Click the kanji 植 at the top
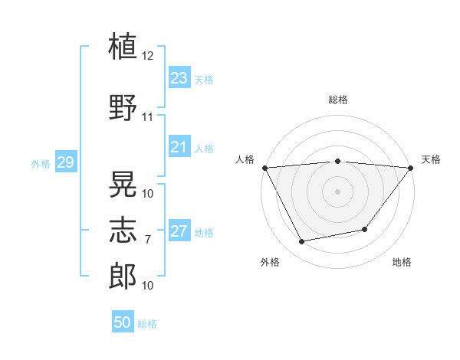pos(123,46)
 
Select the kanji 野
pos(123,107)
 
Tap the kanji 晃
pos(123,184)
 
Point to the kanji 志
pos(123,230)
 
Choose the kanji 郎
pos(123,277)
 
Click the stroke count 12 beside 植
pos(147,56)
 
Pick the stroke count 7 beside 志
pos(148,240)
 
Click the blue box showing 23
pos(179,77)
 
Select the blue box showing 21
pos(179,146)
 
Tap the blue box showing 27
pos(179,230)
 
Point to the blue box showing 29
pos(66,162)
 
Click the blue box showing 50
pos(123,321)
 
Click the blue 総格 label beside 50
pos(147,324)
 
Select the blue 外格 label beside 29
pos(41,164)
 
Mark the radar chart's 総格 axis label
pos(338,100)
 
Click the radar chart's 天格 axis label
pos(431,159)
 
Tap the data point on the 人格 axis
pos(265,168)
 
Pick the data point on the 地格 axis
pos(365,229)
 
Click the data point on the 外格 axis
pos(301,241)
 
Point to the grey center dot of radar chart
pos(337,191)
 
